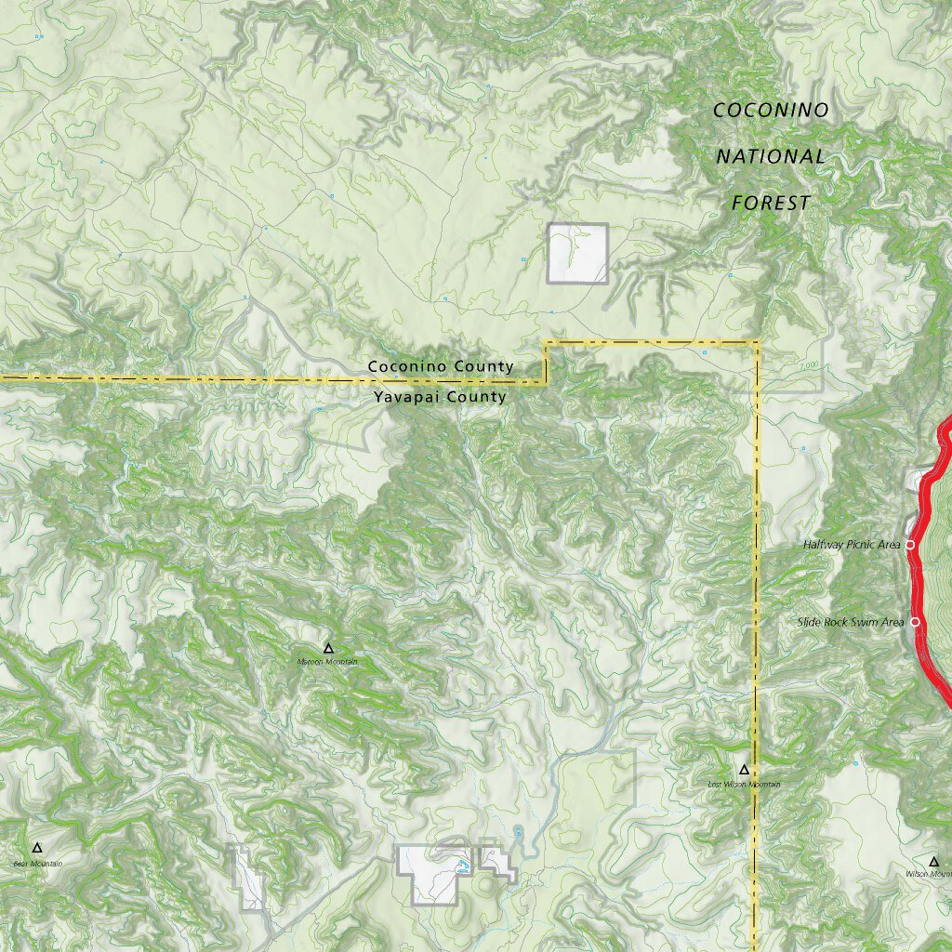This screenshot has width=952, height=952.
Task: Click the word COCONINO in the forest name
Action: click(771, 110)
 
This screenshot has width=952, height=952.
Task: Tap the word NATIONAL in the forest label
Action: click(771, 156)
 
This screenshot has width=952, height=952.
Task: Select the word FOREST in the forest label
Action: click(771, 203)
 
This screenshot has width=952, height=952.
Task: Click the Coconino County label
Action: click(441, 366)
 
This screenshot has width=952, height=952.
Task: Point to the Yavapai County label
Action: click(441, 397)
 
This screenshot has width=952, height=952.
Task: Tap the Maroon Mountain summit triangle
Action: click(327, 647)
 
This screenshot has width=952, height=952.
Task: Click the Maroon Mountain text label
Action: click(327, 662)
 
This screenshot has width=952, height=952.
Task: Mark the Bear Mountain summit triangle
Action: click(37, 848)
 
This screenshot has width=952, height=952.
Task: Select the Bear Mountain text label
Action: click(38, 864)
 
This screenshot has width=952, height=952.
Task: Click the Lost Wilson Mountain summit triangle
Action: click(744, 770)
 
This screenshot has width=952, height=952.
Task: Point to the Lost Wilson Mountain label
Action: click(745, 785)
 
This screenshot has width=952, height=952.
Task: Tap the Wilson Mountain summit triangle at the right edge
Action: click(934, 862)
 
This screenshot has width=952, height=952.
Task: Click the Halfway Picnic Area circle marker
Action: click(910, 544)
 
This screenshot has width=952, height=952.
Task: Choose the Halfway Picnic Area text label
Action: click(852, 545)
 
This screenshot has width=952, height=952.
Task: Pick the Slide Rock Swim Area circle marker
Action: click(915, 621)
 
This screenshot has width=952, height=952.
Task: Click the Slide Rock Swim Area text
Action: click(851, 622)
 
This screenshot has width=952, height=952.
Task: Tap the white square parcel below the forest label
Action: click(577, 253)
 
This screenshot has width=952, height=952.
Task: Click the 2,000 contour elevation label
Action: click(808, 364)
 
